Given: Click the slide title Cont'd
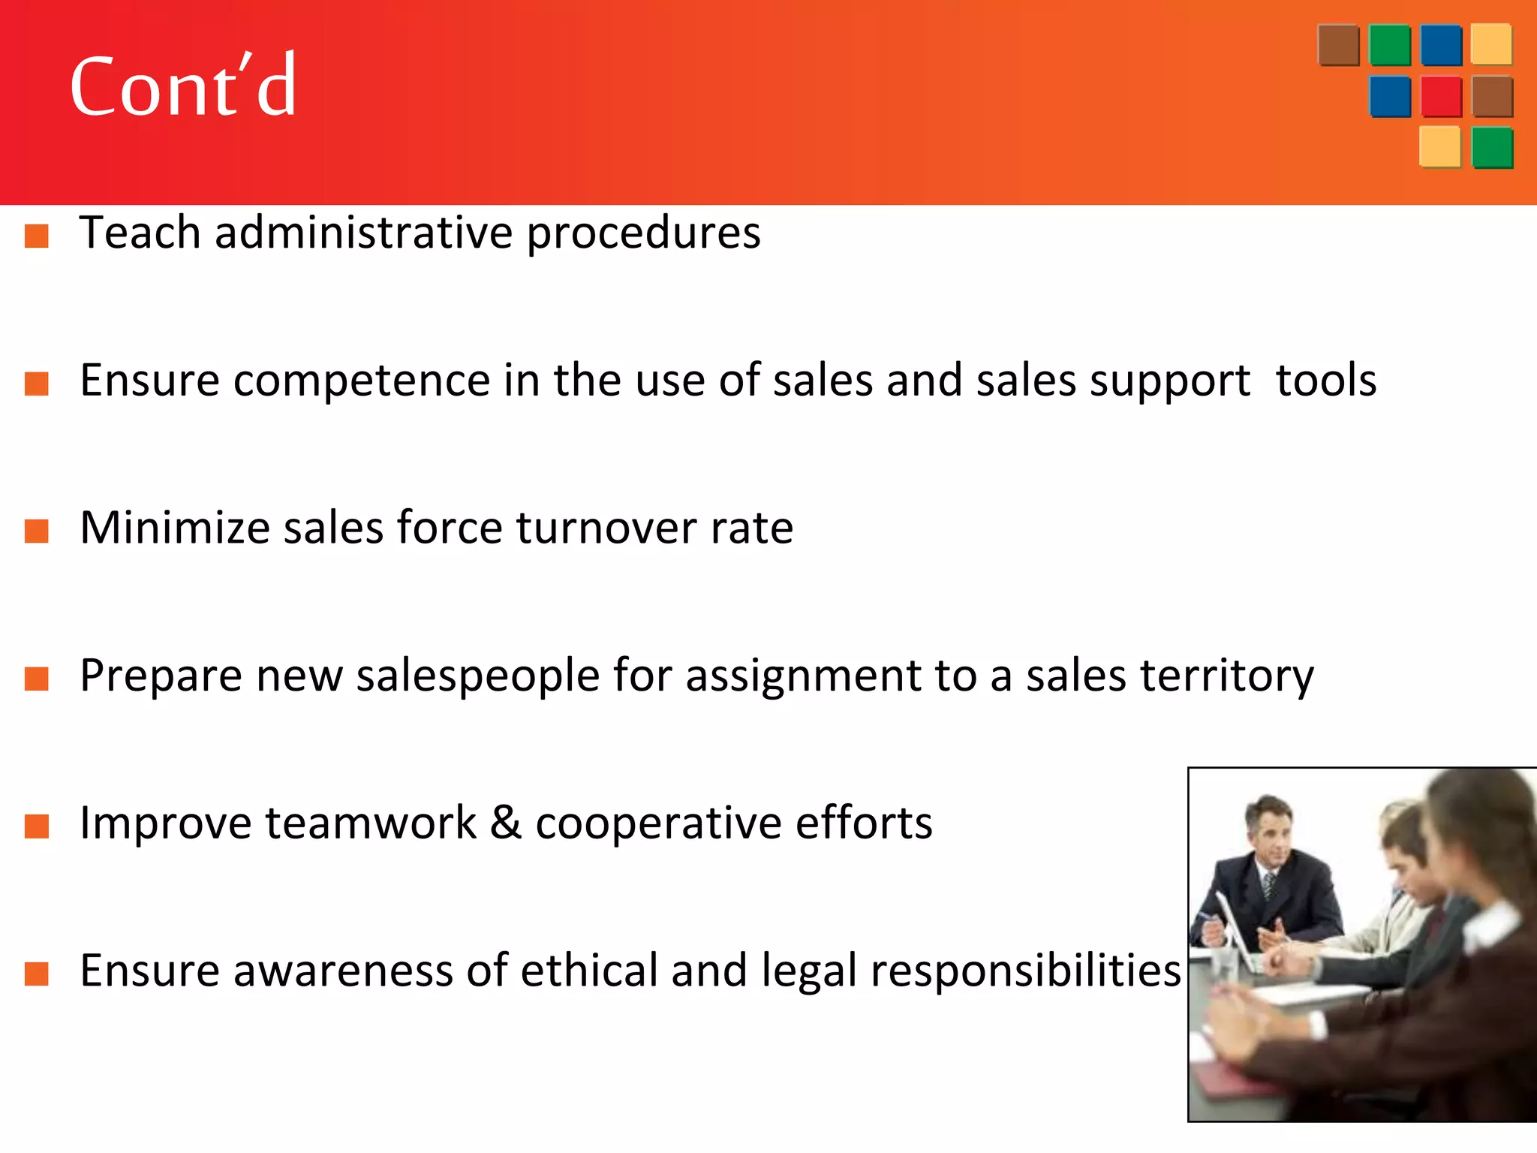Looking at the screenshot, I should coord(183,86).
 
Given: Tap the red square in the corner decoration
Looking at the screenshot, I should coord(1441,97).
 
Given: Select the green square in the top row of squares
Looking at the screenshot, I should coord(1389,46).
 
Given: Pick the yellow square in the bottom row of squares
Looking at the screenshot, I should coord(1439,147).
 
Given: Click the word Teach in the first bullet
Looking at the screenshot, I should coord(140,232).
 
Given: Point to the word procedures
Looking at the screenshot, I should coord(643,233).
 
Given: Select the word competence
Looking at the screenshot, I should coord(361,381).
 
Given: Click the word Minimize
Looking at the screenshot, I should coord(174,528).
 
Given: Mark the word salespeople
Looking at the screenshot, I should coord(477,676).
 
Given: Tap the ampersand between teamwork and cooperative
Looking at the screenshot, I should coord(505,823).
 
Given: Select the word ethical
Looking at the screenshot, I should coord(589,971).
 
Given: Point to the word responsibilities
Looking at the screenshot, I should coord(1025,971).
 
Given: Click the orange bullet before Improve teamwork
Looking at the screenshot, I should coord(37,826).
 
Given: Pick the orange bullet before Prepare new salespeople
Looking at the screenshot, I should coord(37,679).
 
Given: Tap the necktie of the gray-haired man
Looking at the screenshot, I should coord(1269,886).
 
